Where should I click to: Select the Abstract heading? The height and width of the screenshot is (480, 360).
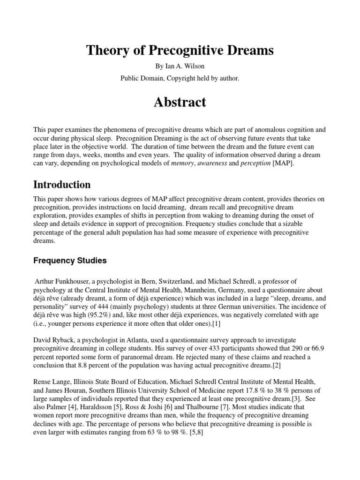tap(180, 102)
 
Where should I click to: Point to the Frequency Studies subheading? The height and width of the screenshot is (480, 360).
tap(70, 260)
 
